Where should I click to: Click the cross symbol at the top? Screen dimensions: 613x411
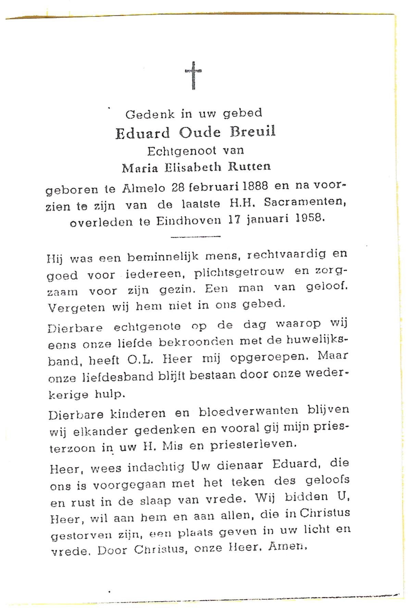pyautogui.click(x=193, y=75)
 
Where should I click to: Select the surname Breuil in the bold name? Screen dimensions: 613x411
pyautogui.click(x=253, y=132)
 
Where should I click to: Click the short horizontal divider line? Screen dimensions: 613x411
pyautogui.click(x=195, y=236)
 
